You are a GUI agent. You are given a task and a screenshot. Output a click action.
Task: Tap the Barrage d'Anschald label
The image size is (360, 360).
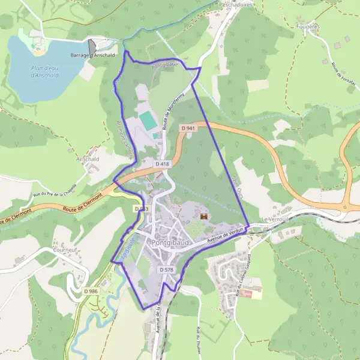[x=93, y=55]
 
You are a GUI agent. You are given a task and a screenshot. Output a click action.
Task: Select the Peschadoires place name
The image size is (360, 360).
[x=236, y=4]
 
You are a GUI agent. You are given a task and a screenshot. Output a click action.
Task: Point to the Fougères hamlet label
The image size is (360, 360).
[x=307, y=26]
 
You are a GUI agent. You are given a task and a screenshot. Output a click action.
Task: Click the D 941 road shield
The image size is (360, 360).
[x=188, y=128]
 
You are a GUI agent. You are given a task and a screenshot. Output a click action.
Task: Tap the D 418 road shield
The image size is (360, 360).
[x=162, y=164]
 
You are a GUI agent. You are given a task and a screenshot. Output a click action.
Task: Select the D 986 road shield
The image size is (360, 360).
[x=91, y=291]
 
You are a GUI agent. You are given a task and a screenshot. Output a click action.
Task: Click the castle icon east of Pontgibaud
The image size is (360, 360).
[x=203, y=216]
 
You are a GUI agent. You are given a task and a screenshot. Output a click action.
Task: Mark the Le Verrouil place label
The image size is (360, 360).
[x=275, y=220]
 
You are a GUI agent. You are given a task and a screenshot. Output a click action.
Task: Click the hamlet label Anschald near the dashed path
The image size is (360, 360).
[x=88, y=160]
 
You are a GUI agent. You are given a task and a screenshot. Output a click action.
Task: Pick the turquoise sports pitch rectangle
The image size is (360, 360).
[x=148, y=119]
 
